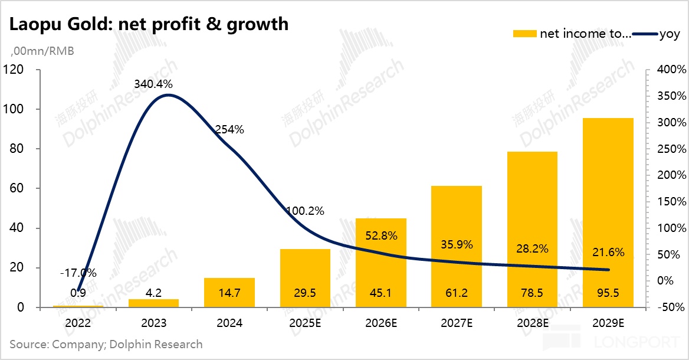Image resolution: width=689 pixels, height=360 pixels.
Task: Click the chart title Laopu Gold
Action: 148,24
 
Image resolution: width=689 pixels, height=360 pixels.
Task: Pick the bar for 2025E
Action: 305,277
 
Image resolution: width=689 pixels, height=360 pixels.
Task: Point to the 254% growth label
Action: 229,130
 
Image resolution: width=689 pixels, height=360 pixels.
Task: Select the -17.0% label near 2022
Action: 78,273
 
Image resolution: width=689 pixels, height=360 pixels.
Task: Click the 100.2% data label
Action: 305,211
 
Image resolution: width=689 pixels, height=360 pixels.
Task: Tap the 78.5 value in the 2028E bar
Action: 532,293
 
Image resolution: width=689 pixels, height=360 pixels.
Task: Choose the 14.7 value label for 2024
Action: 229,293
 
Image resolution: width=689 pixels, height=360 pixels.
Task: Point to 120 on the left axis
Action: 14,70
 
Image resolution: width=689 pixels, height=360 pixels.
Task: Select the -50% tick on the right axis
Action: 672,307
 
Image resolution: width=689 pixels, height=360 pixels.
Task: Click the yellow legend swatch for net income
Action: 524,34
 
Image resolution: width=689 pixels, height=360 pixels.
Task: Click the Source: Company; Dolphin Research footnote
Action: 106,344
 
